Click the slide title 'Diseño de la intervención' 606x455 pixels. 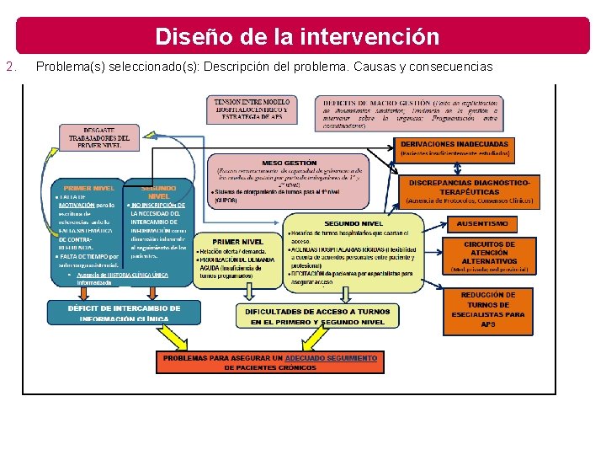pos(297,37)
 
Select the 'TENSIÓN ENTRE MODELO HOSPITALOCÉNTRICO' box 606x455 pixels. pos(250,110)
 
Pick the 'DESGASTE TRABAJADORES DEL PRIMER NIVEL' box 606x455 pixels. pos(99,136)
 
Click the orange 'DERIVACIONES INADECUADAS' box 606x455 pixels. pos(454,148)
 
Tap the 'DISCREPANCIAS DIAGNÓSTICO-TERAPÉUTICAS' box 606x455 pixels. pos(470,191)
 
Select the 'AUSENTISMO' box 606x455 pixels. pos(481,224)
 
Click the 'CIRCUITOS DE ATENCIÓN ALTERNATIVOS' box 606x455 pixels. pos(489,256)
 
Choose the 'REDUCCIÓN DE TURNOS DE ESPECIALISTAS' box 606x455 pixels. pos(488,309)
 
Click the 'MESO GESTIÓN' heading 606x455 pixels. pos(290,162)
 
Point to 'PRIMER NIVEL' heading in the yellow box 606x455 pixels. pos(237,242)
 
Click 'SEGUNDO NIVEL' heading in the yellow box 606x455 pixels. pos(354,222)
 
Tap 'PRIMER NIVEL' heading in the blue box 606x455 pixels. pos(89,188)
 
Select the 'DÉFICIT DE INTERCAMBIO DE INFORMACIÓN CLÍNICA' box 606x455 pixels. pos(124,313)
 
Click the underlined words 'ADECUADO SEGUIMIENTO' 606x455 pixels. pos(332,357)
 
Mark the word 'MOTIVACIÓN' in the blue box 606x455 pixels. pos(73,204)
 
